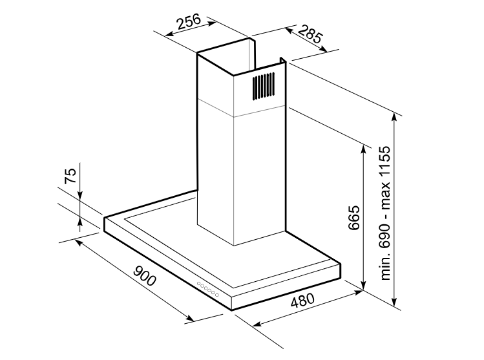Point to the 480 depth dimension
click(300, 301)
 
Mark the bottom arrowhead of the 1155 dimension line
click(396, 303)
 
